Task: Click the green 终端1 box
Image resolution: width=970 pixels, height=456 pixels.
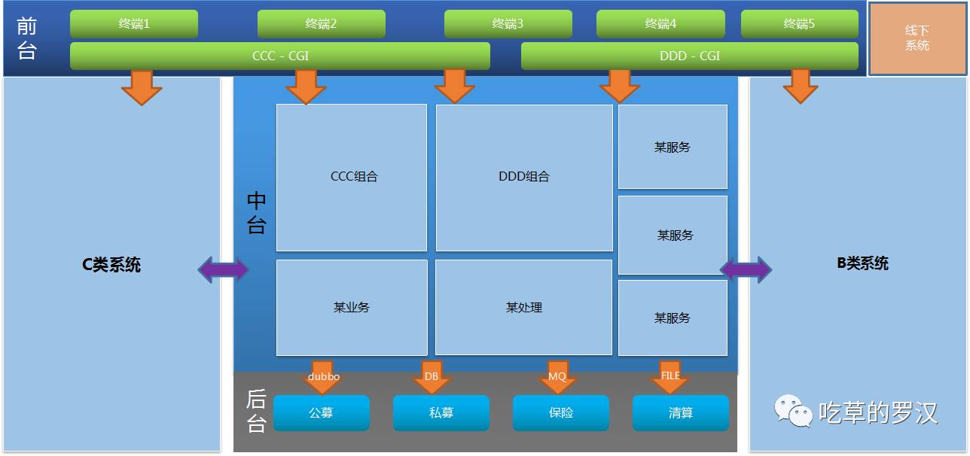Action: click(x=134, y=24)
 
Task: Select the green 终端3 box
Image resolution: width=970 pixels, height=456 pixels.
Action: click(x=508, y=24)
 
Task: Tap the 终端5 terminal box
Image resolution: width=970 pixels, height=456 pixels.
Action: click(x=799, y=24)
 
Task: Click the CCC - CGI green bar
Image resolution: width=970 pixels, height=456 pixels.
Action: click(x=280, y=56)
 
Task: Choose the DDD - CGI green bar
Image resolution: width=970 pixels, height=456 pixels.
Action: click(x=689, y=56)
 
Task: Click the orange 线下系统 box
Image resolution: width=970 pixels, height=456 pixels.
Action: click(x=917, y=38)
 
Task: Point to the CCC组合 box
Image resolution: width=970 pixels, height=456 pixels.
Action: click(x=352, y=178)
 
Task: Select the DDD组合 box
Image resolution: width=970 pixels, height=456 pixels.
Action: click(x=524, y=178)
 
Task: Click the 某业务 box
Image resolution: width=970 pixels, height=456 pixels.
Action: click(x=352, y=307)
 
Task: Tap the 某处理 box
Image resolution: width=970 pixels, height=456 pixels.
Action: click(x=523, y=307)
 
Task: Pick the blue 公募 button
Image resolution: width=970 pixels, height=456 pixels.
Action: click(x=321, y=413)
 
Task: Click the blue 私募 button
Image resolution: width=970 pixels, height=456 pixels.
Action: click(x=441, y=413)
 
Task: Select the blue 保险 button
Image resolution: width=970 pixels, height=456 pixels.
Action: click(x=560, y=413)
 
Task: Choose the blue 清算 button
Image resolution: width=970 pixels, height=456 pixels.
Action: click(x=680, y=413)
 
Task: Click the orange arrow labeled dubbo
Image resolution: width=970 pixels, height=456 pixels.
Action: click(x=324, y=378)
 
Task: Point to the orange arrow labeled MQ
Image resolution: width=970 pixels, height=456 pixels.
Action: click(x=557, y=378)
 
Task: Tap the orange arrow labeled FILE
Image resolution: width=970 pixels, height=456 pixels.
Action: click(x=670, y=378)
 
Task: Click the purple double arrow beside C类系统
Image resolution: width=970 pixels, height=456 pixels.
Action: click(x=223, y=269)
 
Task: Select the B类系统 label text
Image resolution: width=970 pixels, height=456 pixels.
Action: click(x=862, y=263)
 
